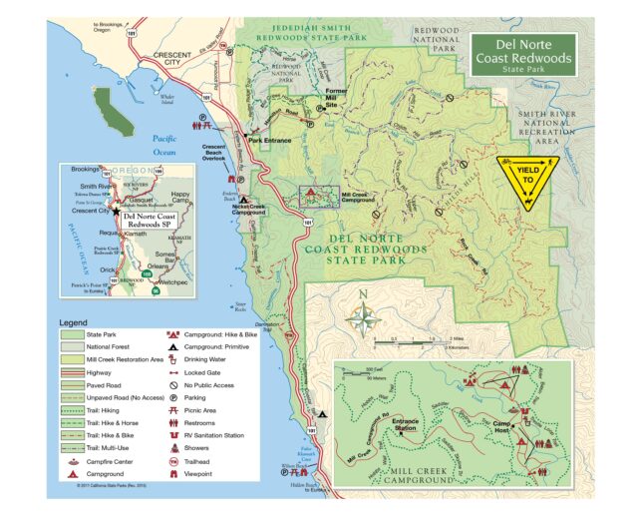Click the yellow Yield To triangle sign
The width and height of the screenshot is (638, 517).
(527, 176)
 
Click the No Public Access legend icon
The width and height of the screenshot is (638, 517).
(173, 383)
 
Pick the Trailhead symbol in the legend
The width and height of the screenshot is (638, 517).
(173, 462)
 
